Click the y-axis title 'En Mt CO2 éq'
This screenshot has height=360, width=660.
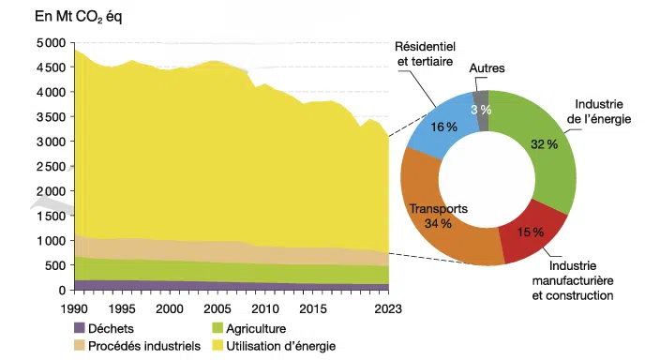[79, 17]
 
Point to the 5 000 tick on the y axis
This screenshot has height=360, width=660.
[51, 43]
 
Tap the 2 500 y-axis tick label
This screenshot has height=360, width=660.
[51, 167]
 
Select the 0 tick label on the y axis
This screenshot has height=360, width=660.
[62, 291]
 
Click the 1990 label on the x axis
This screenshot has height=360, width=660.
[74, 309]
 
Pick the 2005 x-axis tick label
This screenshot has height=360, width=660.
[217, 309]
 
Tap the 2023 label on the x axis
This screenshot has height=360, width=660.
[388, 309]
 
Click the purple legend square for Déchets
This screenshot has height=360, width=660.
[80, 328]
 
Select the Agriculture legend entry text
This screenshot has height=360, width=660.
[256, 328]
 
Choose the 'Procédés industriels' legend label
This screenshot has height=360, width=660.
[144, 346]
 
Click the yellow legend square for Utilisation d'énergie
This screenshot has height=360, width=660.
[217, 346]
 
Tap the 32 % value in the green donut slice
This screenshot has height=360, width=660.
[545, 144]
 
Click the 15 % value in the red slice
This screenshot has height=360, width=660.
[531, 232]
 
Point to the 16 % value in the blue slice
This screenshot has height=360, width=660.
[443, 127]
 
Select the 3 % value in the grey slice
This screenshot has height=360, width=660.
[481, 110]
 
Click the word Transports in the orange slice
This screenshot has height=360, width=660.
[439, 209]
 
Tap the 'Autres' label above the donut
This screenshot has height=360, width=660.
[487, 68]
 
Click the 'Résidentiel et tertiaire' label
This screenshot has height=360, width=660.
[425, 53]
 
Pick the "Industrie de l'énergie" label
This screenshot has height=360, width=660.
[599, 112]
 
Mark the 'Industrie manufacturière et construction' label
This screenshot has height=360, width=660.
[573, 281]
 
